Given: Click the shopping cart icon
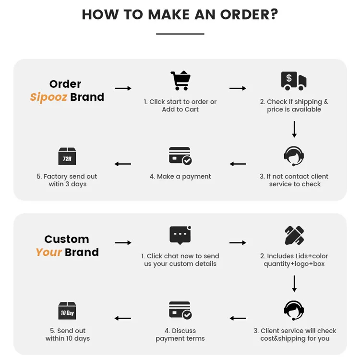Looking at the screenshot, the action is [180, 81].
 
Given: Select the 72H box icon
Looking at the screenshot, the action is [67, 156].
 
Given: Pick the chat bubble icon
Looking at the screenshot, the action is [180, 235].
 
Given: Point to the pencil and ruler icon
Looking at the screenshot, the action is [294, 235].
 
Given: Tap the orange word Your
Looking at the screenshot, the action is [48, 252].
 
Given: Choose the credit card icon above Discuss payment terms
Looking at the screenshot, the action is [180, 311].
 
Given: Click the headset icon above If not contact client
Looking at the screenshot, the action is [294, 156].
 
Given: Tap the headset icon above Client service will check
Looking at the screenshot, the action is [294, 311].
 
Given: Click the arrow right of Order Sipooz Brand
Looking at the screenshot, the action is [123, 88].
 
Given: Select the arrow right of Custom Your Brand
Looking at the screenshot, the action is [123, 243].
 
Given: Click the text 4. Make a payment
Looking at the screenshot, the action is [180, 177].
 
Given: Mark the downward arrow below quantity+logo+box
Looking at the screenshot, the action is [294, 284].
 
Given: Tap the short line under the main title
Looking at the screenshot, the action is [180, 34].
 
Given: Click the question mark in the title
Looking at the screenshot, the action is [273, 14].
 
